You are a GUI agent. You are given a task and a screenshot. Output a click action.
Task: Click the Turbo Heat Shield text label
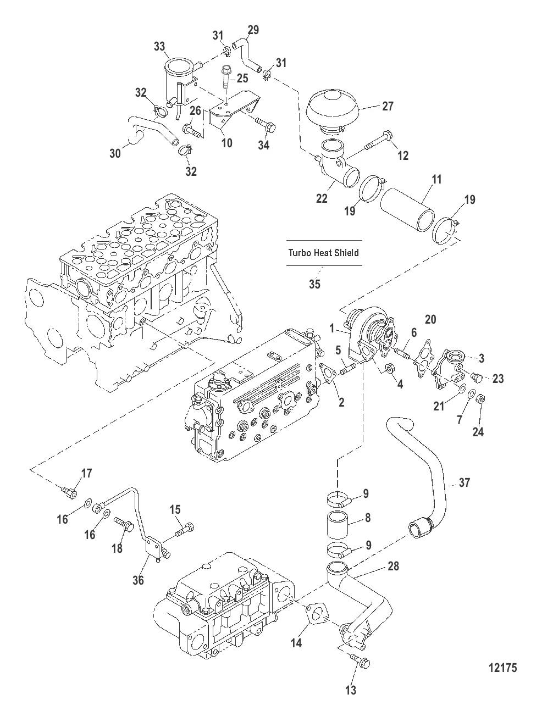[324, 253]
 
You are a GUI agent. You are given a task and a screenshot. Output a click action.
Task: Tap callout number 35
[314, 284]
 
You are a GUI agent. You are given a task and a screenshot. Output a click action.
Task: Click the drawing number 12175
[502, 669]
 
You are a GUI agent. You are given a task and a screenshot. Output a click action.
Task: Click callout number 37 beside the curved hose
[464, 482]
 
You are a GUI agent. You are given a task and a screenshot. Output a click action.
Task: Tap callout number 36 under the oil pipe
[139, 579]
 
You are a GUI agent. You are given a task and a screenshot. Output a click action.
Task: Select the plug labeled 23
[477, 378]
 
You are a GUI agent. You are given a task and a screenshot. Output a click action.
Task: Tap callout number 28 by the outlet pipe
[394, 566]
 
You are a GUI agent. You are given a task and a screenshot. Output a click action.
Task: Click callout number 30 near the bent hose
[115, 153]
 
